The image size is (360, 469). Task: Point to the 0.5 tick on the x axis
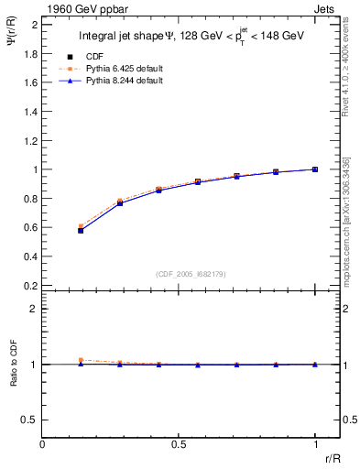coord(179,444)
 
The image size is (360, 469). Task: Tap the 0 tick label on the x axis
coord(42,444)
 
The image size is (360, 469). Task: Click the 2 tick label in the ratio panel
coord(34,309)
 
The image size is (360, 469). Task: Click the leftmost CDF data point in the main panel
coord(81,230)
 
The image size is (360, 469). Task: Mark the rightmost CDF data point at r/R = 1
coord(315,169)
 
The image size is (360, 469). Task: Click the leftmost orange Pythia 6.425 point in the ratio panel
coord(81,360)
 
